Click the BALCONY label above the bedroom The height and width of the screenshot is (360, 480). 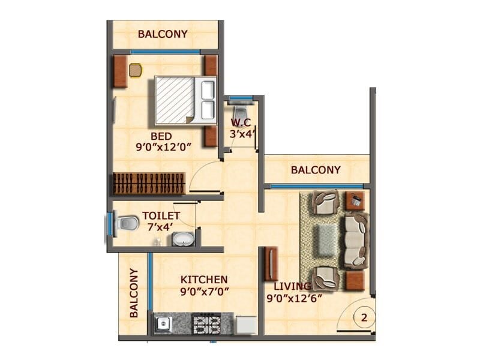coord(163,34)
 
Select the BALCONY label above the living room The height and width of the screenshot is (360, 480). coord(316,170)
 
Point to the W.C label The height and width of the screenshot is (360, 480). coord(242,124)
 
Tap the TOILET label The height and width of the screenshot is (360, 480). coord(161,215)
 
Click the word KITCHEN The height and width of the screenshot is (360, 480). coord(204,280)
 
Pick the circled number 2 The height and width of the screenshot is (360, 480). coord(364,316)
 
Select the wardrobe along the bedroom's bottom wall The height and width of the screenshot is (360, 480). coord(149,184)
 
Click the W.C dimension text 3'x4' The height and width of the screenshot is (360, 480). coord(244,135)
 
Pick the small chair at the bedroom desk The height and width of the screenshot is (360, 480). coord(136,70)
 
